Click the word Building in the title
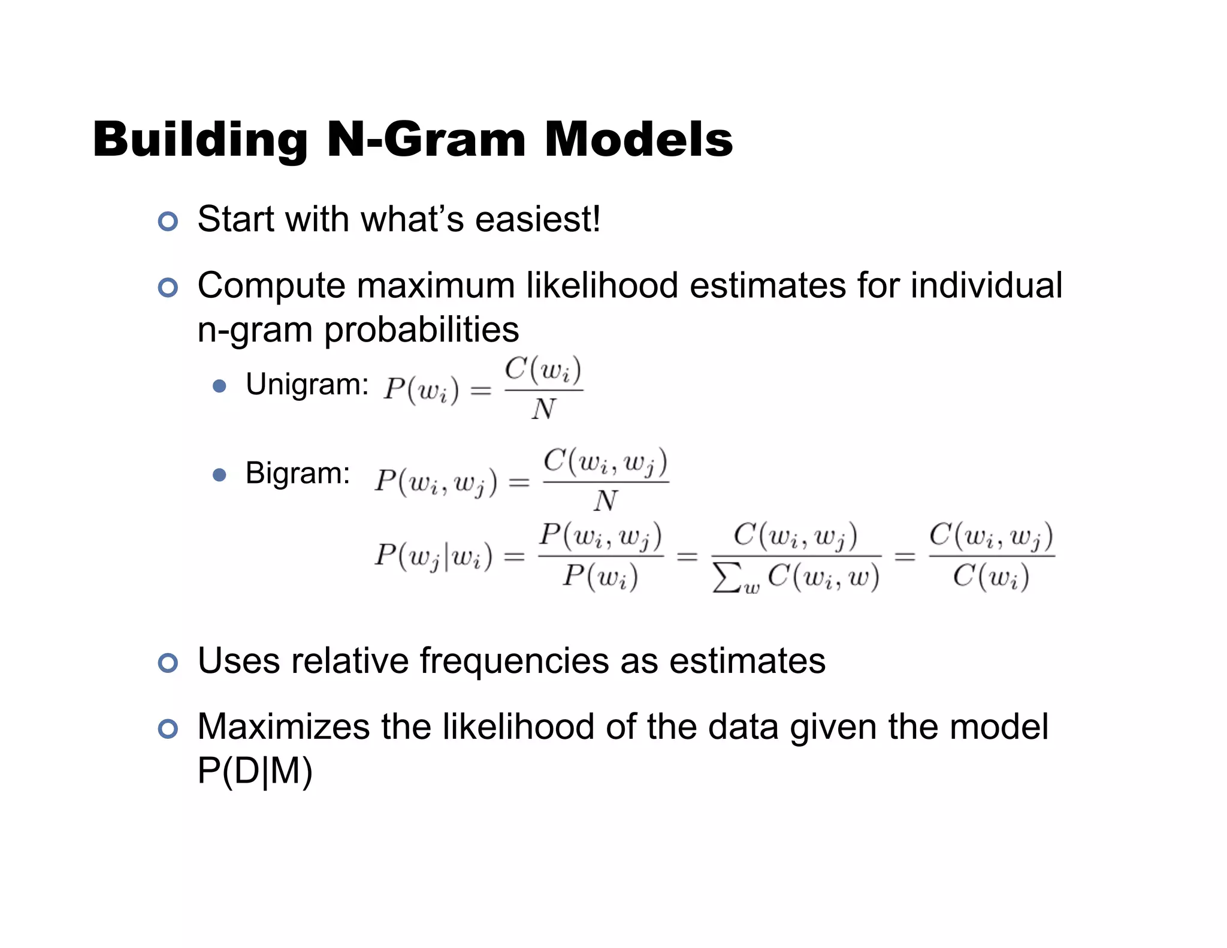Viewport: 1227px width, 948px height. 200,140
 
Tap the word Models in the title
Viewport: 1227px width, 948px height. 638,140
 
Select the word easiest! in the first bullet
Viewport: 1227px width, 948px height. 537,219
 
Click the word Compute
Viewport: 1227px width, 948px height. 271,286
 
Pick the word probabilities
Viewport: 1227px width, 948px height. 421,330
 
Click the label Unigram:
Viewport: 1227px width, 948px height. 307,385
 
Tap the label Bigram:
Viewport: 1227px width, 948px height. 298,473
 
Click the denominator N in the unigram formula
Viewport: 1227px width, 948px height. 543,409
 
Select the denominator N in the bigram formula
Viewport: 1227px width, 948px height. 606,500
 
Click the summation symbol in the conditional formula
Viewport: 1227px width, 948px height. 726,578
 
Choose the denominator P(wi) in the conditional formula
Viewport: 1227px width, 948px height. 600,578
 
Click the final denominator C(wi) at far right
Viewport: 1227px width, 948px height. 991,578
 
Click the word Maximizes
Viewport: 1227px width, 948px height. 283,727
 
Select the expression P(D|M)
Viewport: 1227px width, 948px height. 255,771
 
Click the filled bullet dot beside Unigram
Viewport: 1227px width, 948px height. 220,386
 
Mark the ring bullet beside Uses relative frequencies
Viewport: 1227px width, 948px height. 168,663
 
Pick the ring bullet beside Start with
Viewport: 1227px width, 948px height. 168,222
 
